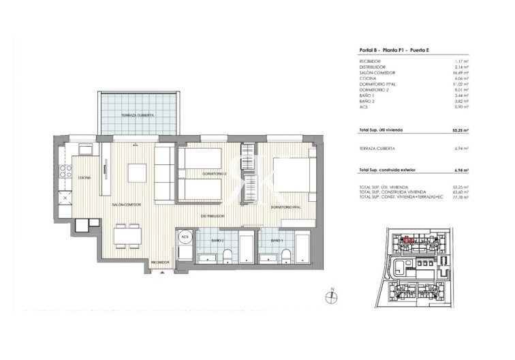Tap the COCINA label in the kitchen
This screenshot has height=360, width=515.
[x=84, y=177]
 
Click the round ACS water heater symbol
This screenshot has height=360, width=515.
[x=184, y=238]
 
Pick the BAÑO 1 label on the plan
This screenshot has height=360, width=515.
[x=276, y=241]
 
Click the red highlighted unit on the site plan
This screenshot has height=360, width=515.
[x=407, y=239]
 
